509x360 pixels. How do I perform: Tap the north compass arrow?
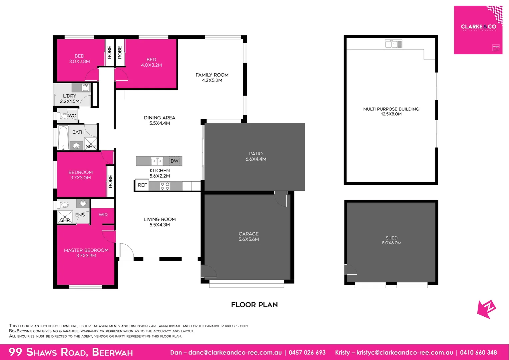click(486, 309)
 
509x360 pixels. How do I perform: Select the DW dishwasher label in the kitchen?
click(175, 161)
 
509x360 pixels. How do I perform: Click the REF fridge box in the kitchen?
click(142, 185)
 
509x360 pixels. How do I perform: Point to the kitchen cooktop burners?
click(165, 186)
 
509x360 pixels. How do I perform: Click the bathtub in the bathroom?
click(63, 137)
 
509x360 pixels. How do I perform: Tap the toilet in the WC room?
click(63, 116)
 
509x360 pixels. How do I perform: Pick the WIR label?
click(103, 215)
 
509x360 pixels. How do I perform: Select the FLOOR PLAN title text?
click(254, 305)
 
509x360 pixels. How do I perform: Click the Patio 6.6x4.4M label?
click(256, 156)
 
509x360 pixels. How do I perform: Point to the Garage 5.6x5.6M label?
click(249, 236)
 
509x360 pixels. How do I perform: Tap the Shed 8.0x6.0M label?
click(391, 240)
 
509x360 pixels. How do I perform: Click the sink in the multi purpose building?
click(393, 44)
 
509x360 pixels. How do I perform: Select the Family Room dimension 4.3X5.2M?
click(212, 80)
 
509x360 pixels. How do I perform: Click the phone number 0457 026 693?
click(307, 352)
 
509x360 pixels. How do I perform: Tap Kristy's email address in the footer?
click(404, 352)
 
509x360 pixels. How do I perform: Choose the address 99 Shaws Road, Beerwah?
click(71, 352)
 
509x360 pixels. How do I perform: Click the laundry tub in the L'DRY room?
click(86, 88)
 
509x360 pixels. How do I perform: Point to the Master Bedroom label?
click(86, 250)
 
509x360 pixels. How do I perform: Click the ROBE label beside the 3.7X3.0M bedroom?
click(111, 181)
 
